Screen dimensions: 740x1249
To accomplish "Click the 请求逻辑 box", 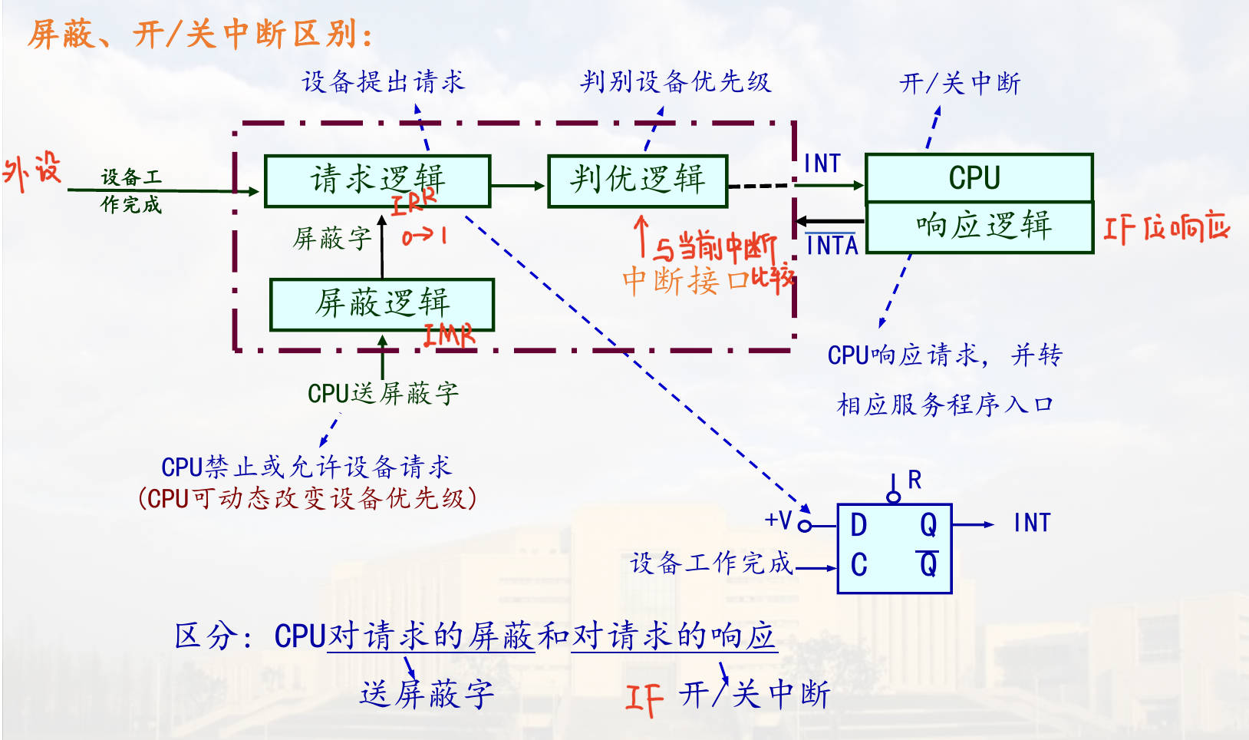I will pyautogui.click(x=377, y=181).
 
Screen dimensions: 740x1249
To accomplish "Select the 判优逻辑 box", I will pyautogui.click(x=637, y=181).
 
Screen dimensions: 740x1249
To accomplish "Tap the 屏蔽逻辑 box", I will pyautogui.click(x=381, y=304).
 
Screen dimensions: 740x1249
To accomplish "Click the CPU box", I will pyautogui.click(x=978, y=178).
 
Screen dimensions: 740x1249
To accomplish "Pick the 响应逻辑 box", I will pyautogui.click(x=980, y=227).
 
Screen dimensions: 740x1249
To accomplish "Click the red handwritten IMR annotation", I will pyautogui.click(x=450, y=335).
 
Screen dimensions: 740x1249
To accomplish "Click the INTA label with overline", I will pyautogui.click(x=832, y=245).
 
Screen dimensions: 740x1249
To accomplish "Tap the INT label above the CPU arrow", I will pyautogui.click(x=822, y=164).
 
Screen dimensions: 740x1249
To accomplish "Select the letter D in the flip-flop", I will pyautogui.click(x=858, y=526).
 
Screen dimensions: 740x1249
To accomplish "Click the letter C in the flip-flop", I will pyautogui.click(x=858, y=566).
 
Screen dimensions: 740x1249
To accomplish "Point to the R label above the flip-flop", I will pyautogui.click(x=914, y=481).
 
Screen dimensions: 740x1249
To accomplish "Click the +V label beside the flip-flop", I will pyautogui.click(x=778, y=520).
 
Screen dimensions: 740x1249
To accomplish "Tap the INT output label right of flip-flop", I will pyautogui.click(x=1031, y=524).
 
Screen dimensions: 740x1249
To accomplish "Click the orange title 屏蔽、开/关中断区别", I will pyautogui.click(x=201, y=35).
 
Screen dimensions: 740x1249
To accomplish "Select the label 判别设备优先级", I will pyautogui.click(x=675, y=81).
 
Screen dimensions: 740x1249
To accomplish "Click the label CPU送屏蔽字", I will pyautogui.click(x=383, y=394).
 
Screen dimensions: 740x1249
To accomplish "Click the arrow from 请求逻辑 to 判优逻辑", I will pyautogui.click(x=518, y=185).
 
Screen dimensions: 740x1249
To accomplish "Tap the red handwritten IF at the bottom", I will pyautogui.click(x=643, y=698).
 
